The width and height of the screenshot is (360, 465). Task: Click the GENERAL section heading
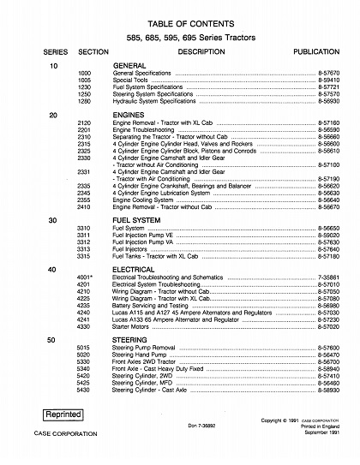pyautogui.click(x=130, y=66)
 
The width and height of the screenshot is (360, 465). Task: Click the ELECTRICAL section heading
pyautogui.click(x=135, y=269)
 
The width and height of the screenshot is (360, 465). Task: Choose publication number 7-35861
pyautogui.click(x=319, y=277)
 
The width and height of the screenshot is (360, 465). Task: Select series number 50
pyautogui.click(x=53, y=339)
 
